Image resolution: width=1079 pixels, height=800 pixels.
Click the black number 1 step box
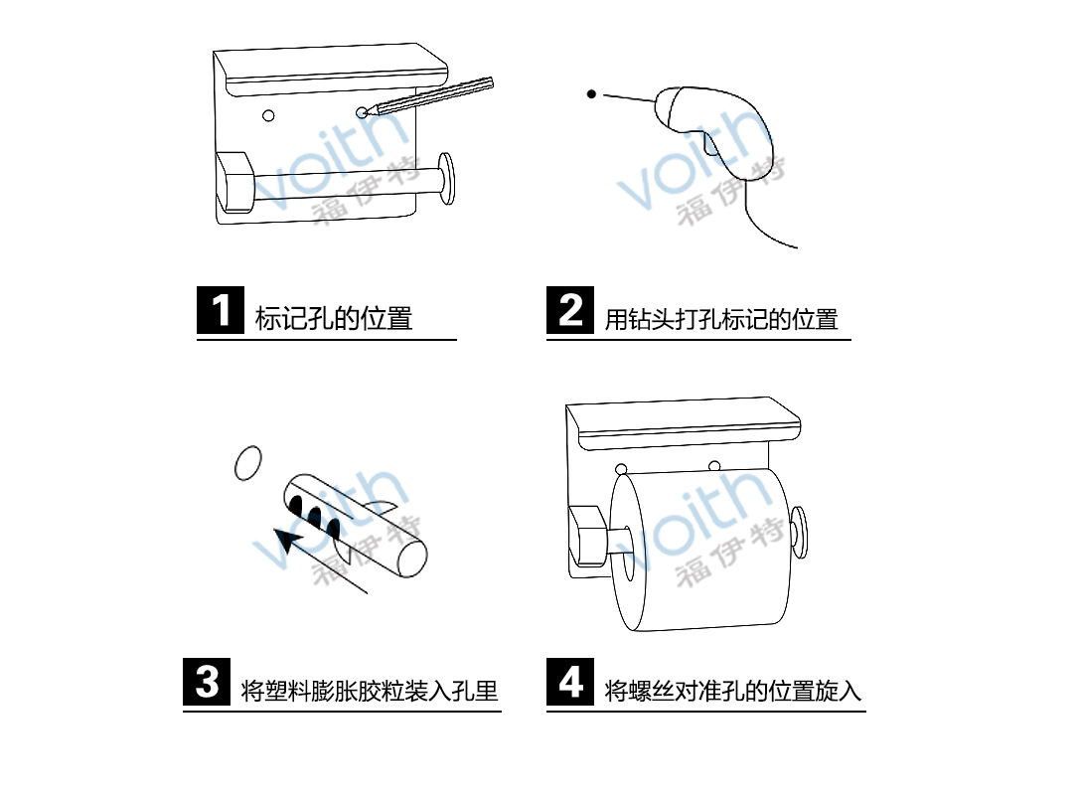point(221,310)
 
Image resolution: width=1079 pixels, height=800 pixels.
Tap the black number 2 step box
point(570,310)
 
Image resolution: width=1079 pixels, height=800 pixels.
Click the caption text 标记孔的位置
point(334,319)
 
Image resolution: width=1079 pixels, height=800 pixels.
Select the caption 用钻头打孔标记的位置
point(721,319)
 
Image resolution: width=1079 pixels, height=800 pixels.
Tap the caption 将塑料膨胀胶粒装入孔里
point(370,690)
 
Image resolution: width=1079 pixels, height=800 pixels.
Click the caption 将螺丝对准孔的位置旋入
point(733,690)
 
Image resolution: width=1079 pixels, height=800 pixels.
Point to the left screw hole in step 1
point(268,115)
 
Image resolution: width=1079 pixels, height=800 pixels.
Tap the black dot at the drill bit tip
point(591,94)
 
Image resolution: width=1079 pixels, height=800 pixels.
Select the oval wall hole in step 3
point(246,463)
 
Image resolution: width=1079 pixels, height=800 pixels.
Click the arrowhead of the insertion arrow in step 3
point(288,543)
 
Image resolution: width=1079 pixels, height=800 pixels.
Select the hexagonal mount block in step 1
point(235,181)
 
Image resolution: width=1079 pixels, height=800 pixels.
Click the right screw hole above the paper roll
point(713,466)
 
